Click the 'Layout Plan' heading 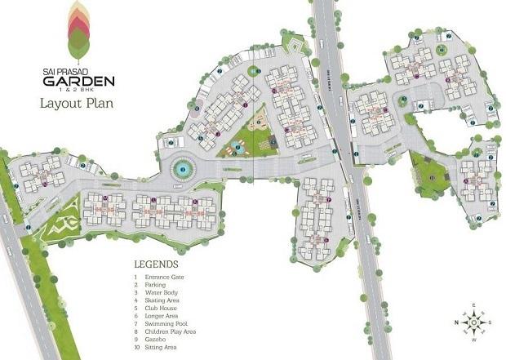[x=76, y=104]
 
